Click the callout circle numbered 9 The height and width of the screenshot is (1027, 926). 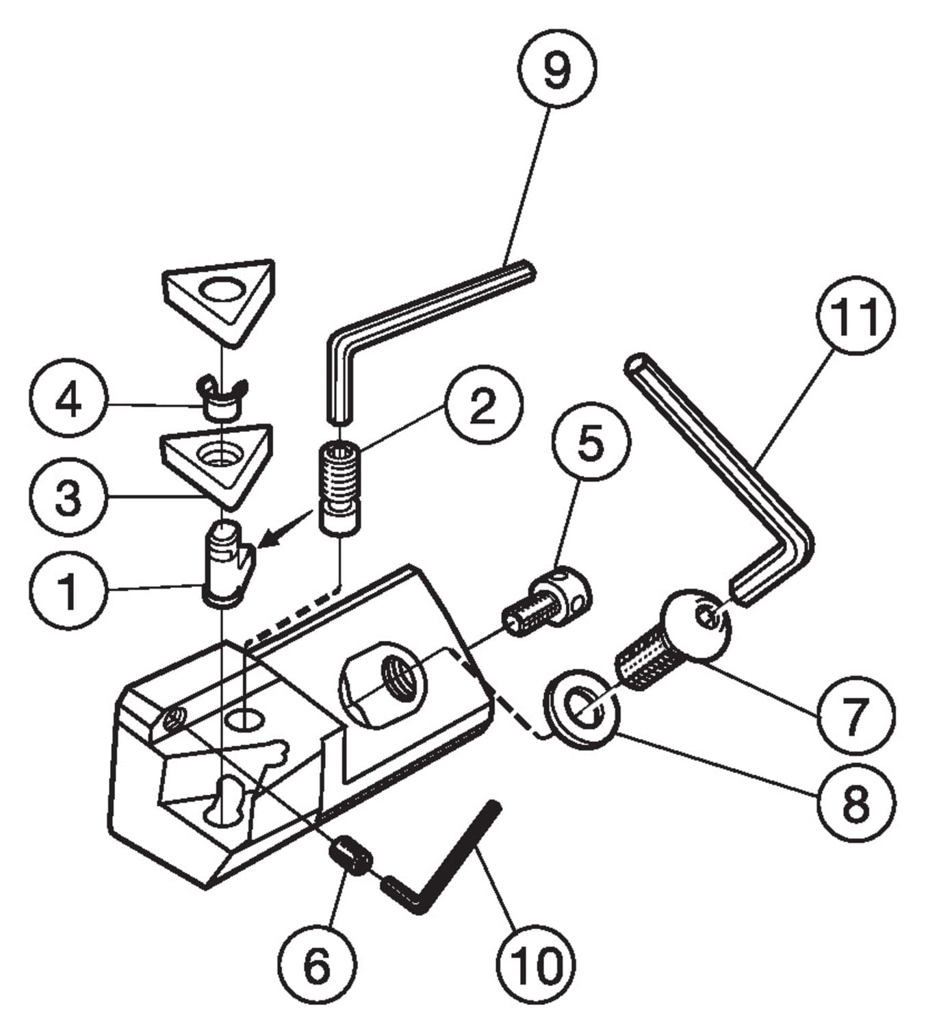(x=556, y=68)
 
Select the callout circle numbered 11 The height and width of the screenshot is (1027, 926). (x=856, y=316)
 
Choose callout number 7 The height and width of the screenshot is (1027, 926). (x=854, y=717)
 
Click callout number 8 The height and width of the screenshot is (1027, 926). (x=856, y=802)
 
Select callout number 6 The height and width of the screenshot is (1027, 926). (x=317, y=965)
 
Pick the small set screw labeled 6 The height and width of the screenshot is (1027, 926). (x=350, y=856)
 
